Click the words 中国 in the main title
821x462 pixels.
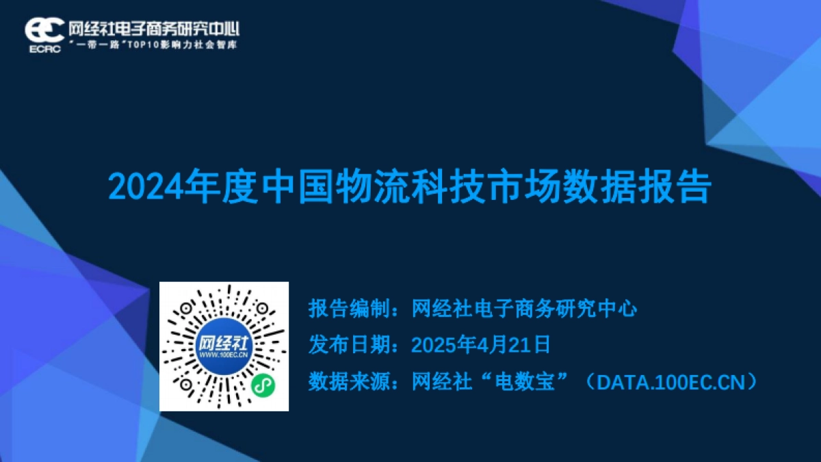[298, 187]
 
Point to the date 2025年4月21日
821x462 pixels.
[481, 345]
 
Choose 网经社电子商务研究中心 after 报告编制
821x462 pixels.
[525, 309]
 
